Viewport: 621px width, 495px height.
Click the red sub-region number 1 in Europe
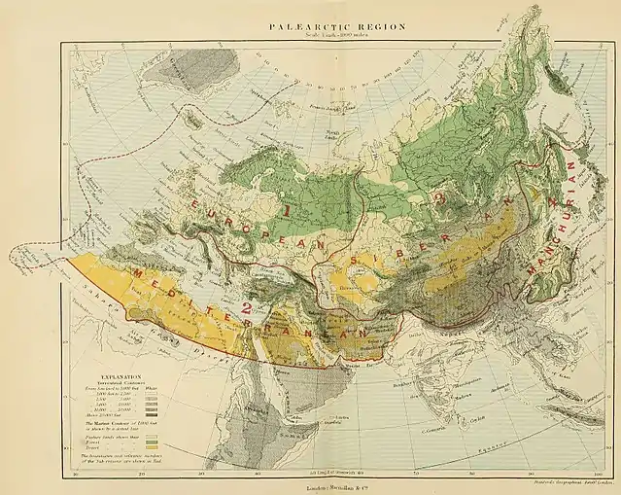point(288,208)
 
